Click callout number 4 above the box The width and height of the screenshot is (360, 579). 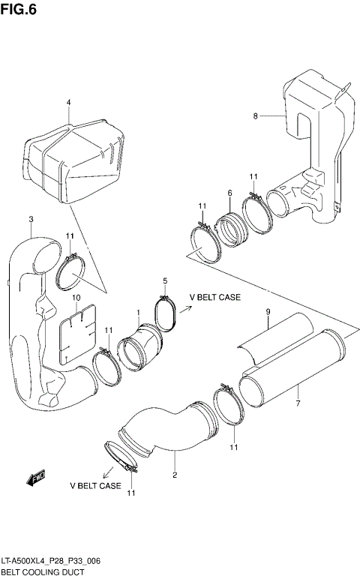[68, 102]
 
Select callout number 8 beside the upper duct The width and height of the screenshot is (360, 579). [255, 116]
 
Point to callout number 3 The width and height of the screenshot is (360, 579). [31, 219]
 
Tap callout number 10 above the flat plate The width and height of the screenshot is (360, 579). [76, 298]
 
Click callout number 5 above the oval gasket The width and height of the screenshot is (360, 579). [164, 280]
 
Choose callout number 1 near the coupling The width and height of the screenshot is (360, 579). [138, 312]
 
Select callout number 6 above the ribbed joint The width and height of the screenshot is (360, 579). [229, 193]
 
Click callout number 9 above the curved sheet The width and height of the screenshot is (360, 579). [267, 313]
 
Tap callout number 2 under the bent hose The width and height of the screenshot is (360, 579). [175, 475]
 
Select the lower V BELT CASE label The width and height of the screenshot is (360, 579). [95, 486]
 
